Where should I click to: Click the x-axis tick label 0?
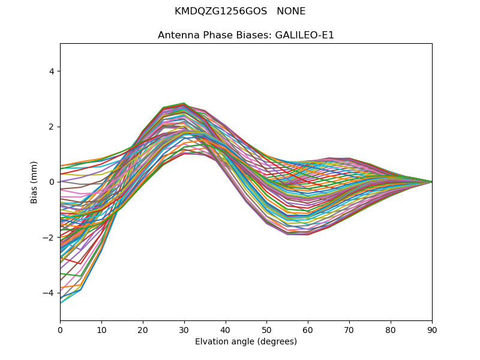point(60,329)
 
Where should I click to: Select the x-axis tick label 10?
point(101,329)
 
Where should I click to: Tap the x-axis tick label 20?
point(143,329)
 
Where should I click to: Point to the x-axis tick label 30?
point(184,329)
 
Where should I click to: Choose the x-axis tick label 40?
point(226,329)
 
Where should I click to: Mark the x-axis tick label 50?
point(267,329)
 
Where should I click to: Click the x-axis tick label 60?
point(308,329)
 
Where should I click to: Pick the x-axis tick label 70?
point(349,329)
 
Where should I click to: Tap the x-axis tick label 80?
point(391,329)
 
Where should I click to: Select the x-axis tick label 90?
point(432,329)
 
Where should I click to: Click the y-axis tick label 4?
point(52,71)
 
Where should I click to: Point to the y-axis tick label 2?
point(52,127)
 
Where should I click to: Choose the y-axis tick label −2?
point(49,238)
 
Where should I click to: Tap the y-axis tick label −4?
point(49,293)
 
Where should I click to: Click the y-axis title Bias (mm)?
point(34,182)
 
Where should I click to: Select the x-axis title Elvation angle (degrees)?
point(246,342)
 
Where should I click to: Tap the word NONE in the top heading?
point(291,11)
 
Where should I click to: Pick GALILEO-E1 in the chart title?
point(304,35)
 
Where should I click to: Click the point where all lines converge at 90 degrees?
point(431,182)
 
